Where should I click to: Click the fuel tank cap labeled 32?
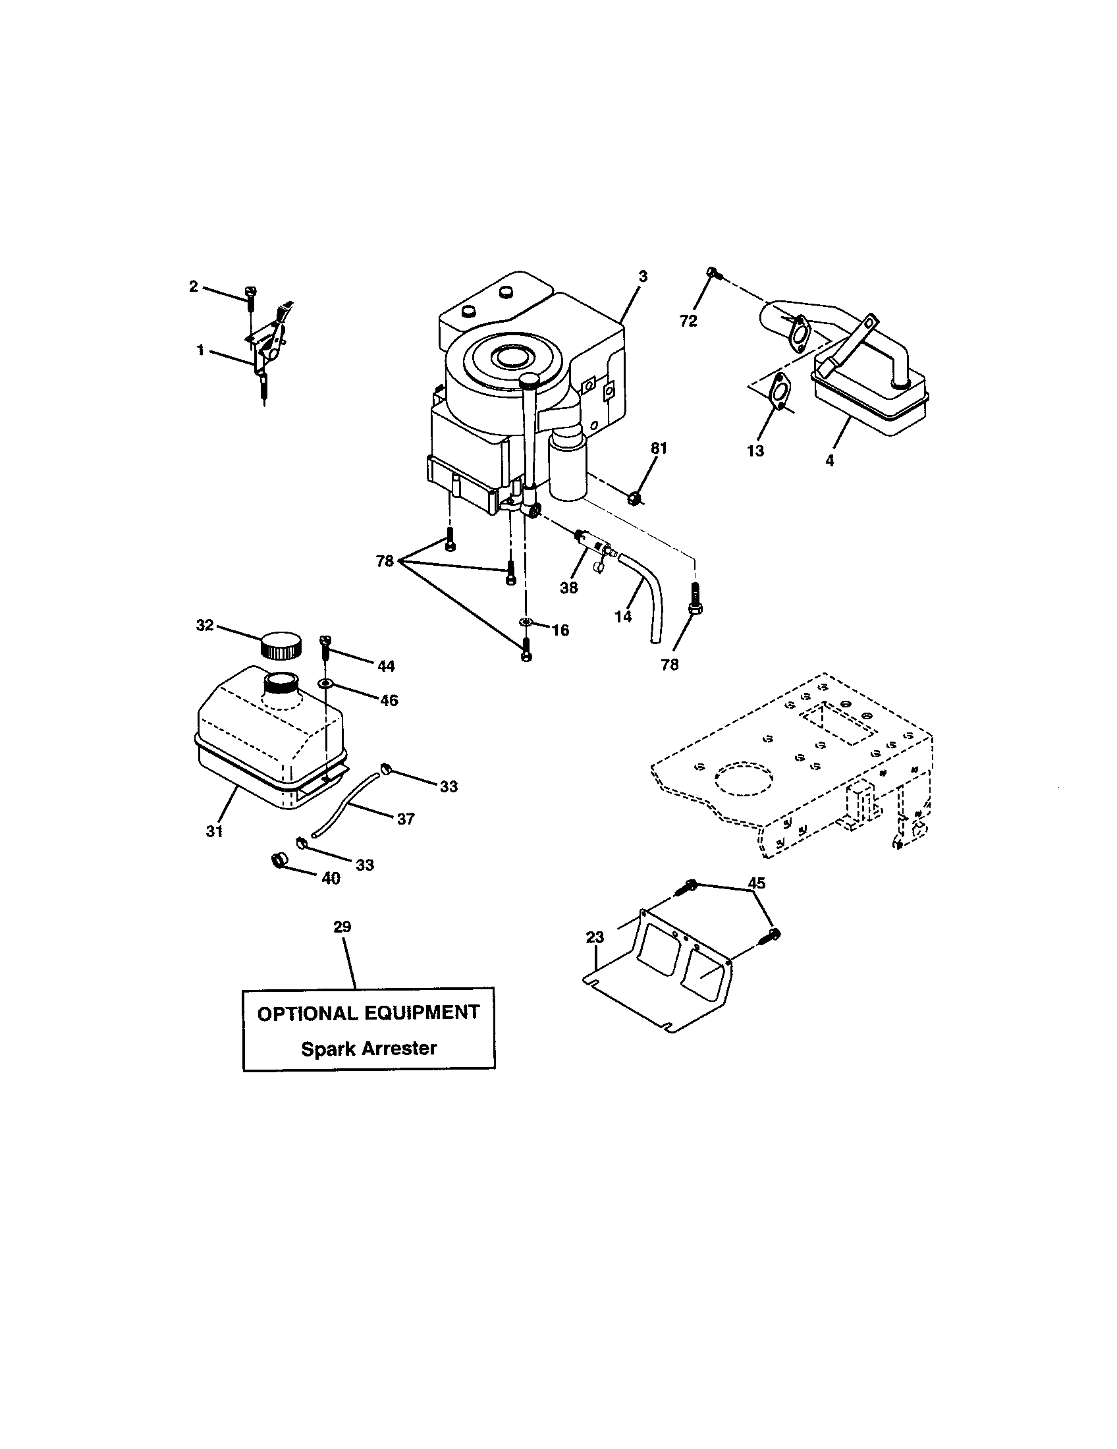pyautogui.click(x=280, y=645)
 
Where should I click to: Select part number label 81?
pyautogui.click(x=658, y=449)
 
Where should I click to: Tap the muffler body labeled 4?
pyautogui.click(x=869, y=398)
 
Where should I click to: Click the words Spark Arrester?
pyautogui.click(x=369, y=1049)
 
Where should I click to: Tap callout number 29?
pyautogui.click(x=342, y=926)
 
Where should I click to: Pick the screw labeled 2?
pyautogui.click(x=251, y=296)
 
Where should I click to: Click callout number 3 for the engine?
pyautogui.click(x=642, y=277)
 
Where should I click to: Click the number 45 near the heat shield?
pyautogui.click(x=756, y=883)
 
